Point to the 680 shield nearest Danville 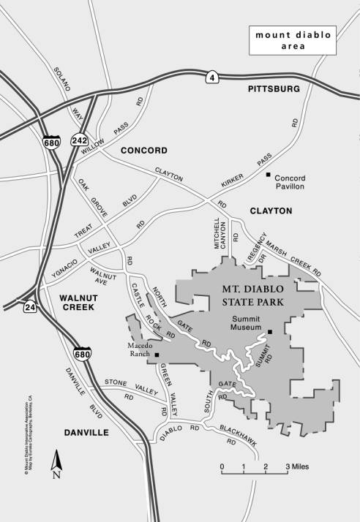[x=82, y=355]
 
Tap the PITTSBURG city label [x=274, y=88]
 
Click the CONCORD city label [x=144, y=151]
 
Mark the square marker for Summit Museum [x=270, y=332]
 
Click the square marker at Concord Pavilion [x=269, y=175]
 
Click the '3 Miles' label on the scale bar [x=296, y=466]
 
